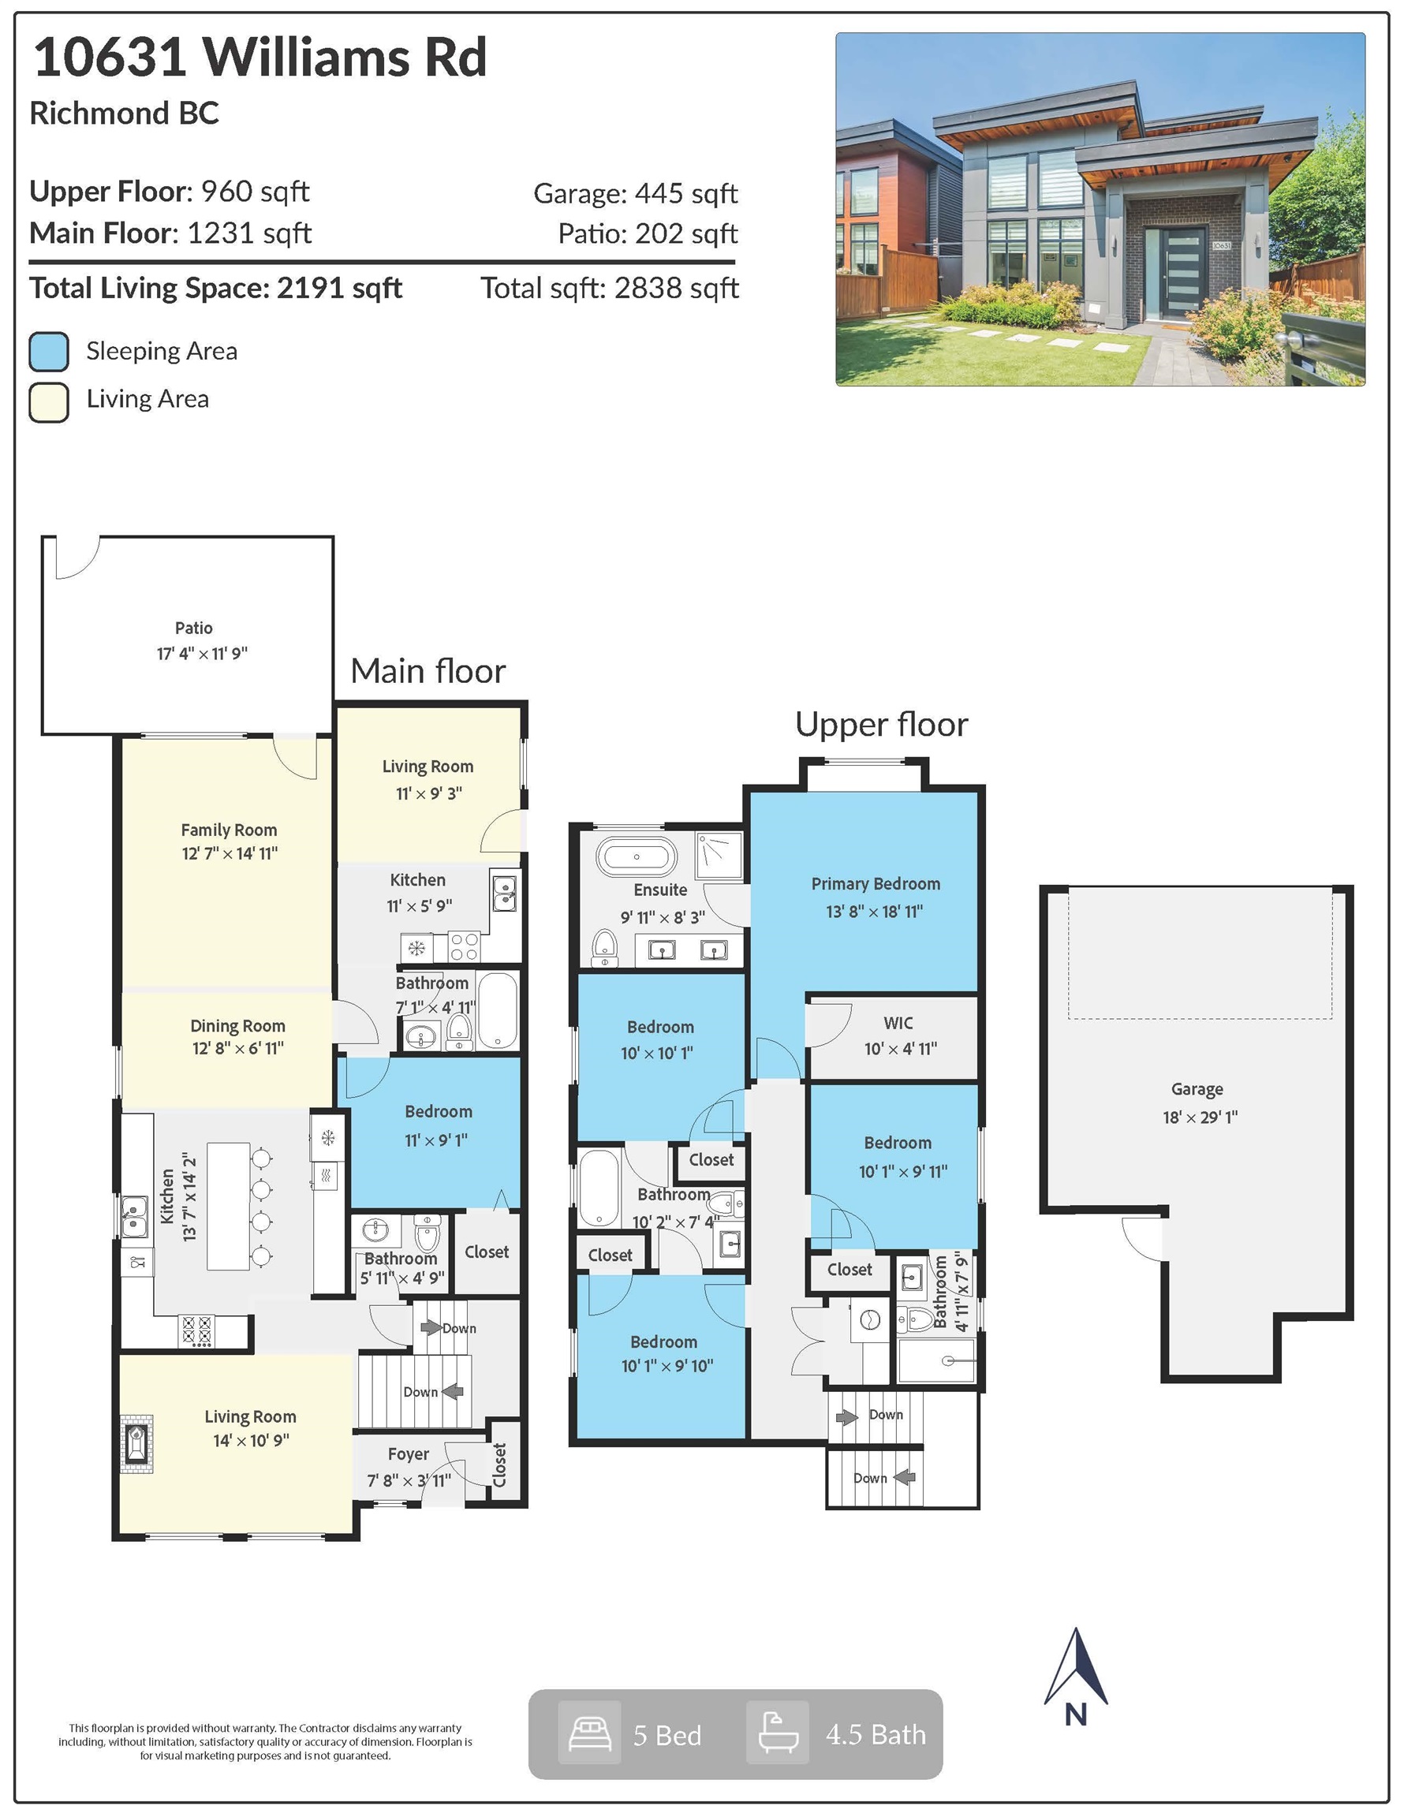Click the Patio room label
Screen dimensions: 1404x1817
click(x=193, y=628)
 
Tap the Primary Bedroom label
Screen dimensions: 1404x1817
click(x=876, y=883)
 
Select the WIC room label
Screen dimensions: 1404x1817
click(x=898, y=1023)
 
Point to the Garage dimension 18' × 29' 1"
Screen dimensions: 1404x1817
click(x=1199, y=1117)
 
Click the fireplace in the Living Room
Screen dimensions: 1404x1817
click(x=136, y=1444)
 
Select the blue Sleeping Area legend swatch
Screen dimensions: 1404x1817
click(x=48, y=351)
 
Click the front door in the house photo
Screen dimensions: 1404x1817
click(x=1184, y=271)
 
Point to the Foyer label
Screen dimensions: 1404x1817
click(x=409, y=1453)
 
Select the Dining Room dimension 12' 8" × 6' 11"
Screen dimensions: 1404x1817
click(x=238, y=1048)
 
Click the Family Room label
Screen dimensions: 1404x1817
click(x=229, y=830)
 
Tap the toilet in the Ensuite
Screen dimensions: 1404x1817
click(x=605, y=948)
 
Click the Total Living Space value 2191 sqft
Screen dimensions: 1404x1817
click(x=339, y=288)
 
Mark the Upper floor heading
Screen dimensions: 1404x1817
click(x=881, y=724)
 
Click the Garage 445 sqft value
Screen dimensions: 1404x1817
click(x=685, y=193)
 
